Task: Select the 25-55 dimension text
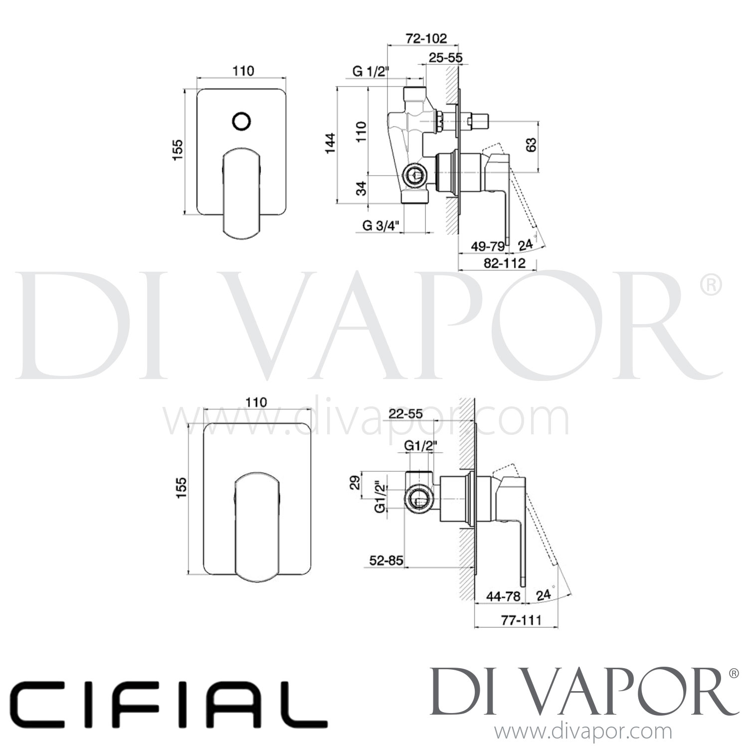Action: (445, 58)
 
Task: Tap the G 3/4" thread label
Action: (381, 226)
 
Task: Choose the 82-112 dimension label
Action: (505, 263)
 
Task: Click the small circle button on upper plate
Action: (242, 121)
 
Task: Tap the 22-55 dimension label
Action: (406, 413)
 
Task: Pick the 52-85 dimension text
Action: (386, 561)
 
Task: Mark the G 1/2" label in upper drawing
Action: (370, 71)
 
